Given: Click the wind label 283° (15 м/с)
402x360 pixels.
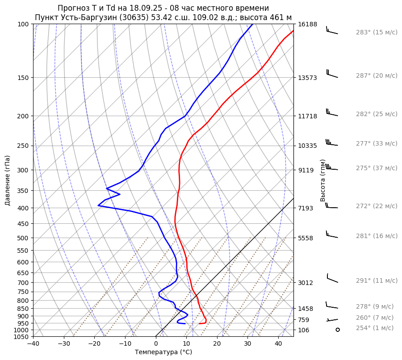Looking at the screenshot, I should pyautogui.click(x=377, y=33).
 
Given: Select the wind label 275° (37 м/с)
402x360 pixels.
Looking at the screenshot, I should pyautogui.click(x=377, y=168).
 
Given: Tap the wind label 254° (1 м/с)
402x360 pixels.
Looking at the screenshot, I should pyautogui.click(x=375, y=328).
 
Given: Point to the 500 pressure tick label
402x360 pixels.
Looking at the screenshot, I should pyautogui.click(x=23, y=238).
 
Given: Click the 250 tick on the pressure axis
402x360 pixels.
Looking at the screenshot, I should pyautogui.click(x=23, y=146).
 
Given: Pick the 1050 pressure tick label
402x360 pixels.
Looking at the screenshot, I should pyautogui.click(x=21, y=337).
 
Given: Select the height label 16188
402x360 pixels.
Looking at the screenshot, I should pyautogui.click(x=308, y=24).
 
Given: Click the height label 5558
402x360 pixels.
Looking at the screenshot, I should pyautogui.click(x=306, y=238).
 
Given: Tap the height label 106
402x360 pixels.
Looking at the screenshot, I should pyautogui.click(x=304, y=330).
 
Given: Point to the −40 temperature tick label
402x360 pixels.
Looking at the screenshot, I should pyautogui.click(x=33, y=344).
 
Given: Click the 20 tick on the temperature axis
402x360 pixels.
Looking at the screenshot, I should pyautogui.click(x=217, y=344).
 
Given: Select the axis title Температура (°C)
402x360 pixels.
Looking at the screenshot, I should pyautogui.click(x=163, y=352).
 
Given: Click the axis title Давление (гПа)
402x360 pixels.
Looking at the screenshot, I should pyautogui.click(x=8, y=180).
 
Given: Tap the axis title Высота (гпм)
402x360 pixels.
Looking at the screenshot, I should pyautogui.click(x=323, y=180).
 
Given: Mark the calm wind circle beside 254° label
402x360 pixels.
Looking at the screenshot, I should pyautogui.click(x=337, y=330).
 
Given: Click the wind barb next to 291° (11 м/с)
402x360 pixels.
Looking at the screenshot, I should pyautogui.click(x=332, y=279).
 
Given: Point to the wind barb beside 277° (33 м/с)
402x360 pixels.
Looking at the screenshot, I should pyautogui.click(x=332, y=143).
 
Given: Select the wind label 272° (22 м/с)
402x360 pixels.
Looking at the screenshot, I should pyautogui.click(x=377, y=206).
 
